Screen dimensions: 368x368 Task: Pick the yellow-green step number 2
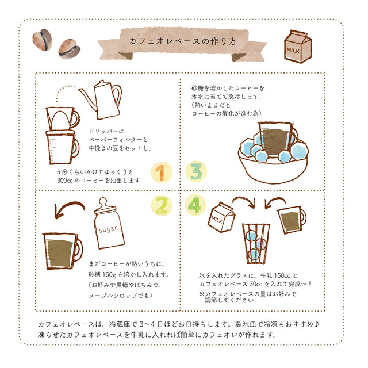tap(162, 204)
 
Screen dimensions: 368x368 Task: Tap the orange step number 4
tap(195, 204)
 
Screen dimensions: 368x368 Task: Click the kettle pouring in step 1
tap(103, 101)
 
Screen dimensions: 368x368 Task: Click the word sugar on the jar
tap(108, 229)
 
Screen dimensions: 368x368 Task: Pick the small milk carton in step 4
tap(221, 219)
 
